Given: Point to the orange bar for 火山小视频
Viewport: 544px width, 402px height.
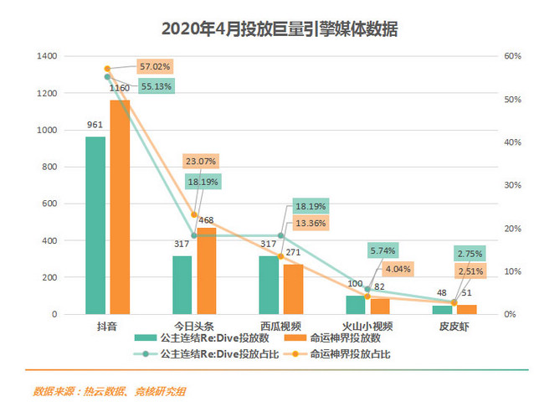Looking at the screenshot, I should [381, 306].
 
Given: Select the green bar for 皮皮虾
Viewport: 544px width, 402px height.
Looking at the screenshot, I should [442, 310].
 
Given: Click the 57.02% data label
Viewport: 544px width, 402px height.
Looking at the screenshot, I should [155, 66].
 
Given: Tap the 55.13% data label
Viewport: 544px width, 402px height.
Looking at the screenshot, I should [155, 85].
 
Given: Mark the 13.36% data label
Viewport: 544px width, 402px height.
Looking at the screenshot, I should [310, 223].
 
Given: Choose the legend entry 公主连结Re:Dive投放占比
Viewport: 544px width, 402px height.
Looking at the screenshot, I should [203, 353].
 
